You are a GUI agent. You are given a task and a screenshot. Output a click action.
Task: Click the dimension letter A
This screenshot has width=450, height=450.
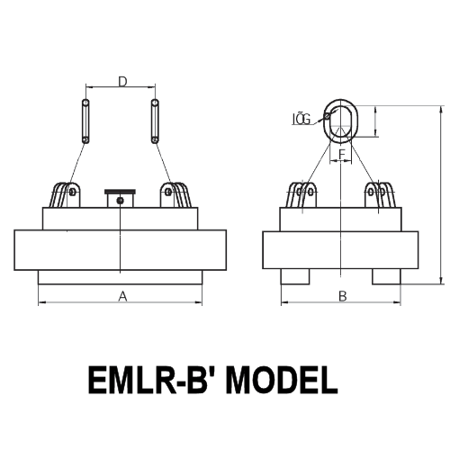pos(121,294)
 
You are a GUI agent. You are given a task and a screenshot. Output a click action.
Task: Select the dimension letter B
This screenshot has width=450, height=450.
pos(341,295)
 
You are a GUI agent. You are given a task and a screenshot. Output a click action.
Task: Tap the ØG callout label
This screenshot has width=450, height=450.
pos(301,118)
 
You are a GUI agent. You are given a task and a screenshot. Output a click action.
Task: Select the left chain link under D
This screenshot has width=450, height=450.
pos(85,121)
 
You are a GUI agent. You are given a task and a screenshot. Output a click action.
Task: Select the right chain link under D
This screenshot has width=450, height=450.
pos(155,121)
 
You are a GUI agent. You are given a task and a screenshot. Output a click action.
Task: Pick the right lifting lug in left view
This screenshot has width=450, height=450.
pos(175,195)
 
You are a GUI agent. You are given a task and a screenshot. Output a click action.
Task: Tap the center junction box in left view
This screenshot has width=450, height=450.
pos(120,198)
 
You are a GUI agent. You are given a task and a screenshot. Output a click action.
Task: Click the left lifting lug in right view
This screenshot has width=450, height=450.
pos(302,195)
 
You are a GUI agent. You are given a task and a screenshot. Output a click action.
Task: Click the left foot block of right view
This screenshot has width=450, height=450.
pos(295,274)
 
